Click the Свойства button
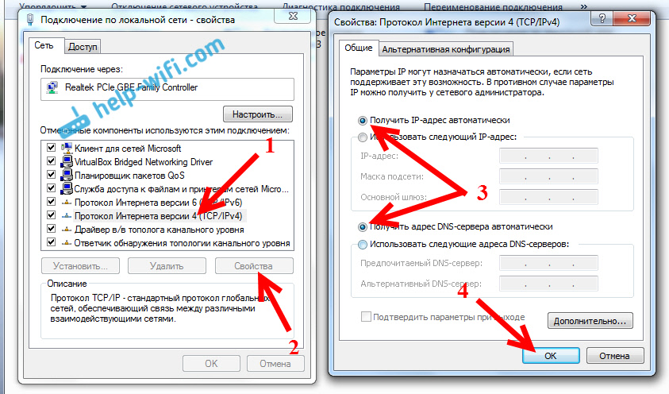(254, 265)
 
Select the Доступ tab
(83, 47)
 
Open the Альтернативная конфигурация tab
(445, 49)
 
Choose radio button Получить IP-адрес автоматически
(363, 121)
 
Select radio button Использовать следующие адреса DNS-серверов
(363, 244)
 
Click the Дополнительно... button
(590, 321)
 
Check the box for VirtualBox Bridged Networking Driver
(52, 161)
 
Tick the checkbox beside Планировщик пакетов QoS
(52, 175)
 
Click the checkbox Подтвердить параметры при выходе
(366, 316)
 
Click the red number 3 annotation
(482, 192)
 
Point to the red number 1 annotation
(269, 146)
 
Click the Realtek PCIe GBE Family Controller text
(131, 87)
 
